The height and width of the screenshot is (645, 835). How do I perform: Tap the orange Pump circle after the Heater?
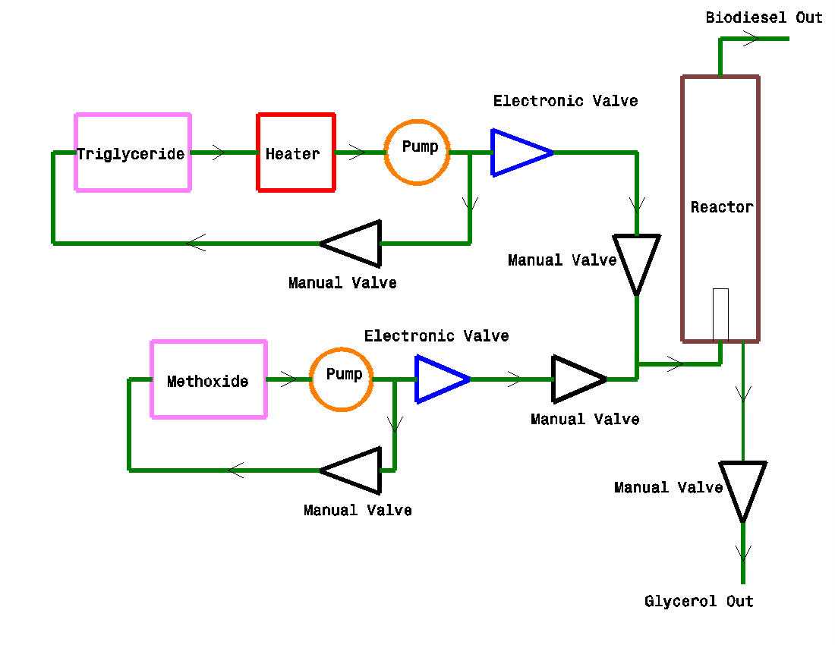(417, 122)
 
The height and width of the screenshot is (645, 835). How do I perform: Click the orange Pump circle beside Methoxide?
(342, 350)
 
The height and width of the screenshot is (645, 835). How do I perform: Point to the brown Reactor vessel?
(683, 209)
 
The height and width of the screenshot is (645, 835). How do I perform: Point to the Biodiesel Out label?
(764, 17)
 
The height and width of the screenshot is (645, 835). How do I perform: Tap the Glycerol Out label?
(698, 601)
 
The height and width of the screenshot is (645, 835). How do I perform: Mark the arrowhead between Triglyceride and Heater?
(219, 153)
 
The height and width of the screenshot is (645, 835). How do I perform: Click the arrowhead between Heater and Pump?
(358, 153)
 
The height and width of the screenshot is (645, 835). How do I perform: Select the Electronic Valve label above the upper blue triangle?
(566, 101)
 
